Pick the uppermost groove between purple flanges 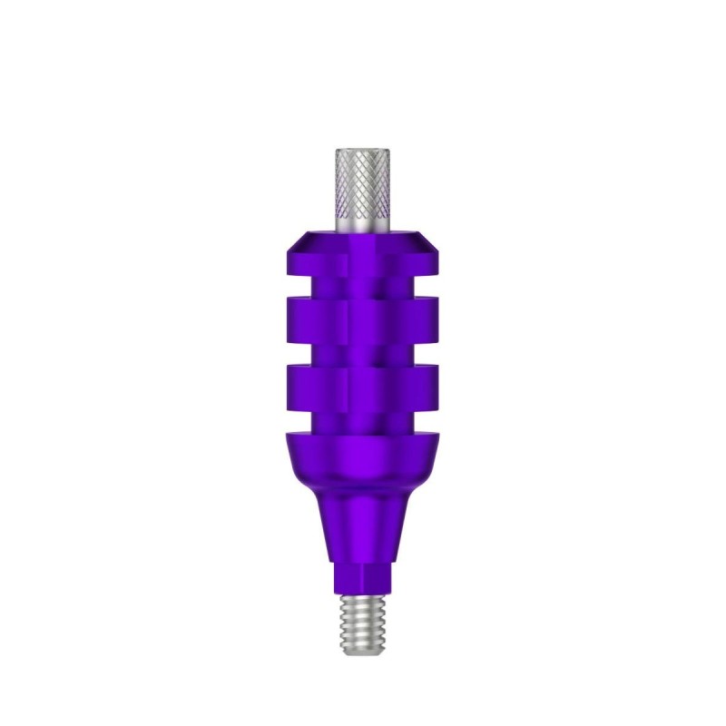tap(363, 293)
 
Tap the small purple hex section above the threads tap(363, 577)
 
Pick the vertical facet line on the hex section tap(349, 577)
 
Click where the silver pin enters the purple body tap(363, 228)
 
